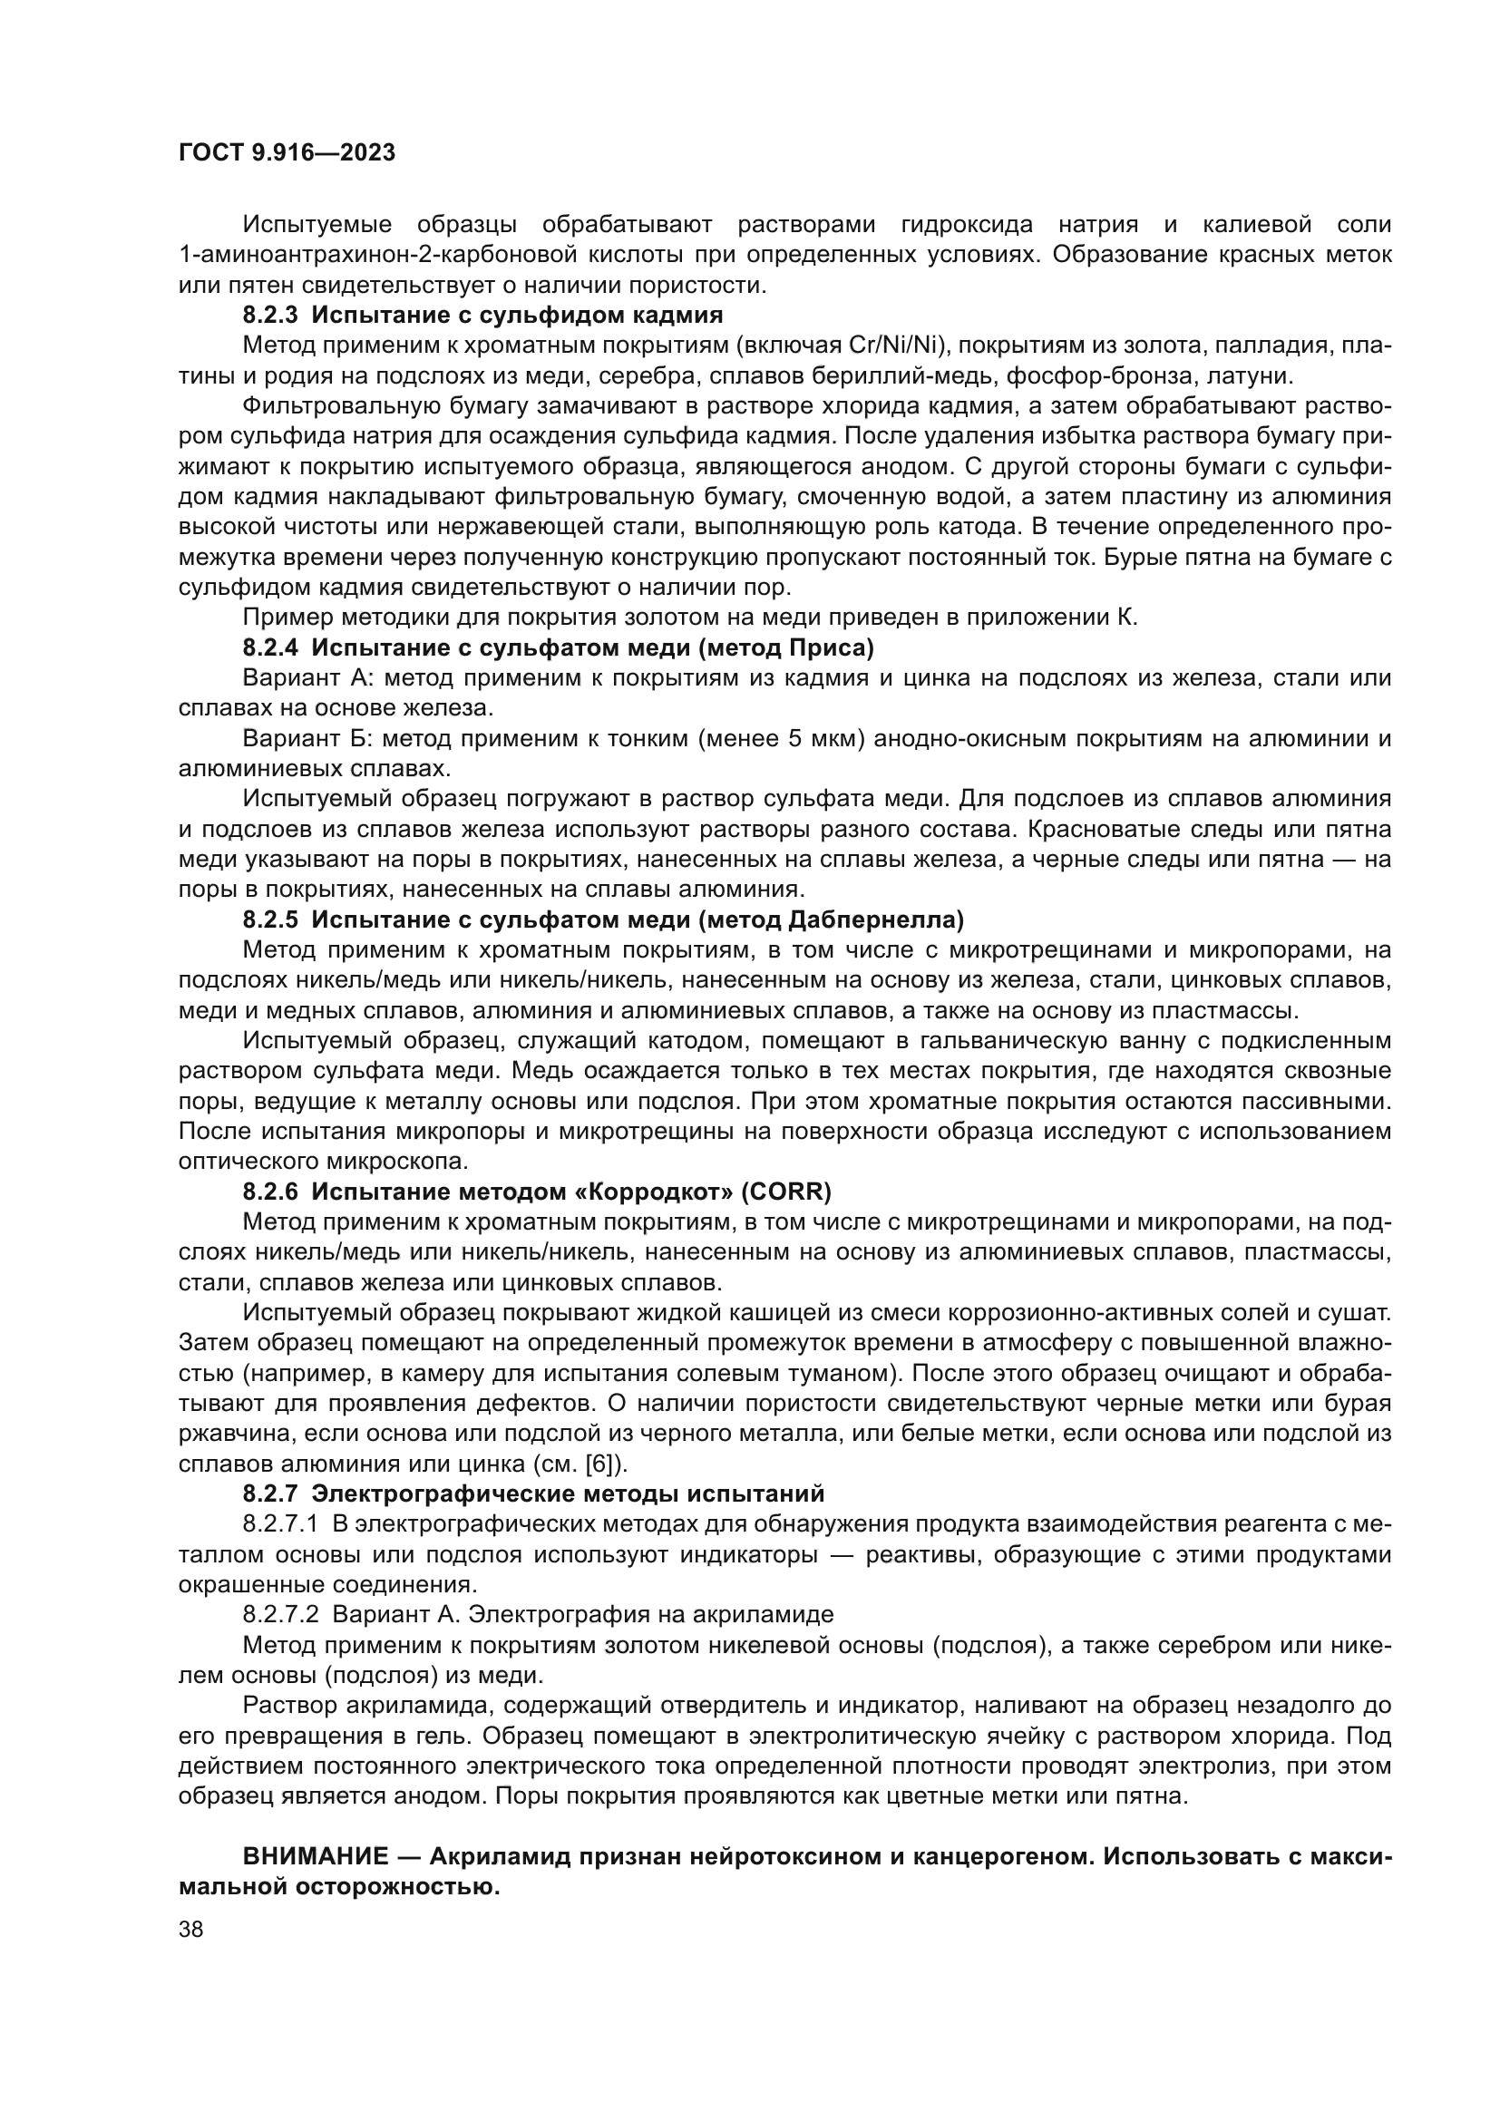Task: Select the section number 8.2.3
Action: click(270, 315)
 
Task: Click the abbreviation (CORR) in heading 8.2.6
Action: click(786, 1192)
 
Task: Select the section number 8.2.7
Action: click(270, 1493)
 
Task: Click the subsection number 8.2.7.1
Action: click(281, 1524)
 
